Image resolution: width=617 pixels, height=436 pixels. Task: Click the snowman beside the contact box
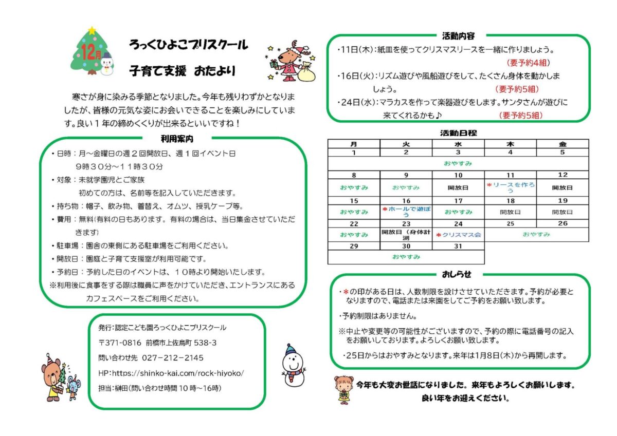pos(294,364)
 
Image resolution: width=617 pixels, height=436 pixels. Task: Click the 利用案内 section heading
pos(177,139)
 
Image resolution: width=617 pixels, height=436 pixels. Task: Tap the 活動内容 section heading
pos(458,36)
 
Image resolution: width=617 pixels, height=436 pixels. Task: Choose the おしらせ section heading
pos(457,274)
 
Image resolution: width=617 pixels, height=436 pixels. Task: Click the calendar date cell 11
pos(510,175)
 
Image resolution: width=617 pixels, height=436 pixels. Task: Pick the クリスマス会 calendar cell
pos(458,235)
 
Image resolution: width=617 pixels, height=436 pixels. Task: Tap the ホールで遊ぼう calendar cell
pos(406,212)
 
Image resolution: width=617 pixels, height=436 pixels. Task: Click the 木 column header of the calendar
pos(510,145)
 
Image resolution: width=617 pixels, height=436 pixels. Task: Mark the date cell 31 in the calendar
pos(458,247)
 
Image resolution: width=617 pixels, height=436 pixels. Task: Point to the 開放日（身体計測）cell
pos(406,235)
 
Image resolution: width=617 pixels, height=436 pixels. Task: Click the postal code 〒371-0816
pos(120,343)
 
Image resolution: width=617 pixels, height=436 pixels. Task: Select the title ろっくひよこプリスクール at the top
pos(189,45)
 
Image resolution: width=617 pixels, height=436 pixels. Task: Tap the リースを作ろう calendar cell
pos(510,187)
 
